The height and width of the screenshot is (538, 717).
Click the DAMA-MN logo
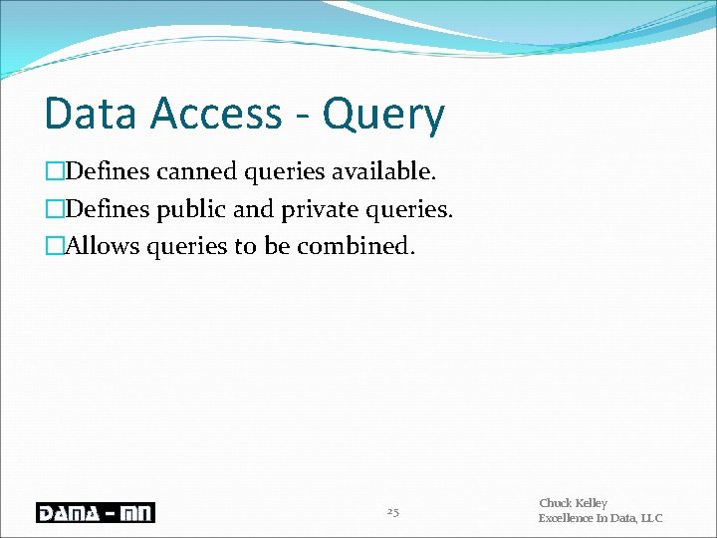[x=96, y=513]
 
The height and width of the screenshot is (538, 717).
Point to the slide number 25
[x=392, y=512]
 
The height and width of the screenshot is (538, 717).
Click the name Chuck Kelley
[x=573, y=504]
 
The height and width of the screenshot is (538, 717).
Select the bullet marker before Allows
[x=54, y=245]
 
